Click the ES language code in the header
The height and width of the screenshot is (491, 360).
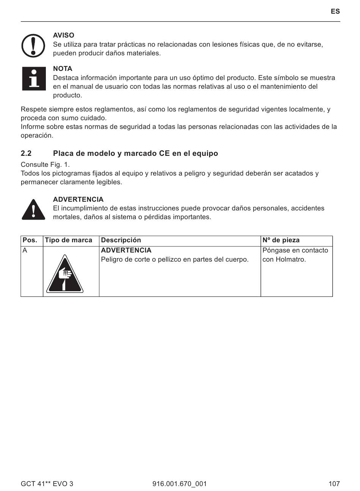pyautogui.click(x=335, y=11)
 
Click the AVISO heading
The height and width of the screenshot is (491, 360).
pyautogui.click(x=64, y=36)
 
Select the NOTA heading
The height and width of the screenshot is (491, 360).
pyautogui.click(x=63, y=69)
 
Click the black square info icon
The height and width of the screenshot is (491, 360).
pyautogui.click(x=34, y=79)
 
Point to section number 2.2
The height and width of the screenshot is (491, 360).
pyautogui.click(x=26, y=154)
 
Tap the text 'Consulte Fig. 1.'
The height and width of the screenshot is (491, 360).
pyautogui.click(x=45, y=165)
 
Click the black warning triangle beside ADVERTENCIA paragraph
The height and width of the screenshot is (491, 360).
pyautogui.click(x=33, y=209)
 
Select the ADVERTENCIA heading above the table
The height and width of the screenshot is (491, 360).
pyautogui.click(x=78, y=199)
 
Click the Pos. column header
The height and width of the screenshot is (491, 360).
pyautogui.click(x=30, y=240)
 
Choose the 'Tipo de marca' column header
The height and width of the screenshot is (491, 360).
pyautogui.click(x=69, y=240)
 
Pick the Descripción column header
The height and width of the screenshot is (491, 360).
pyautogui.click(x=121, y=240)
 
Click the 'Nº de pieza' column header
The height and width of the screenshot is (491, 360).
pyautogui.click(x=281, y=240)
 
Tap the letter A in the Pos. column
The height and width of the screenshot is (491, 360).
pyautogui.click(x=25, y=250)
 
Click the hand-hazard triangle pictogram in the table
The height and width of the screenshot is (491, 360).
pyautogui.click(x=65, y=275)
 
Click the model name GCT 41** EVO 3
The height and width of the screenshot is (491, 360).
pyautogui.click(x=47, y=483)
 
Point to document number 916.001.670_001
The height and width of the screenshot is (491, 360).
pyautogui.click(x=180, y=483)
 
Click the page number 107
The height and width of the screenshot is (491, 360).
pyautogui.click(x=334, y=483)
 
